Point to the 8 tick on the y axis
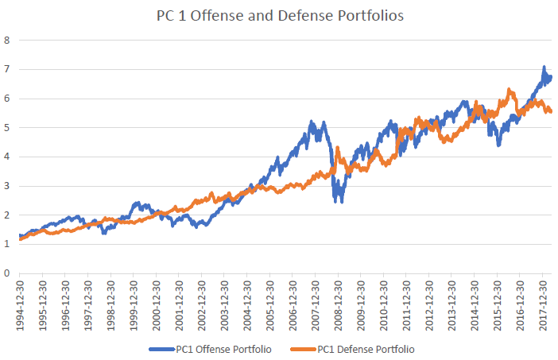pos(7,39)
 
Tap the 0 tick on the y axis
pos(7,273)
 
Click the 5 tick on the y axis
pos(7,127)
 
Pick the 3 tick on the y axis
pos(7,186)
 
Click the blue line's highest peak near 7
pos(544,68)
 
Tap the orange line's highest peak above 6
pos(507,89)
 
